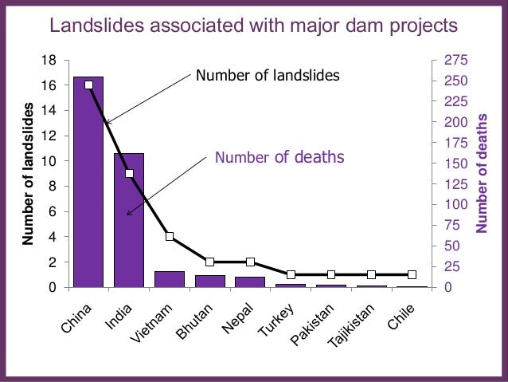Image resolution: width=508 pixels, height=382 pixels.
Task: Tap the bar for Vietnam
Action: point(169,279)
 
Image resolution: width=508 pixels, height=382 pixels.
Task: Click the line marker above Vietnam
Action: point(170,237)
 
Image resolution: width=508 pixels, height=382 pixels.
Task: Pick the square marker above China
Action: point(88,85)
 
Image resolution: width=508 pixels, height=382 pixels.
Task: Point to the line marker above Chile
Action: point(412,274)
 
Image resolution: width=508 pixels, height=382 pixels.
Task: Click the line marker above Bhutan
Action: point(210,262)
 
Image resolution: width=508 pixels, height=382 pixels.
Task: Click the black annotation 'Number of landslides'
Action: point(268,76)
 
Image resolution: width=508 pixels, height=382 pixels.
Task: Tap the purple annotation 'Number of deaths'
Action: point(279,157)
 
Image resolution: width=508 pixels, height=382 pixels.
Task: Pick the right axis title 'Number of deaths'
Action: point(482,173)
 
